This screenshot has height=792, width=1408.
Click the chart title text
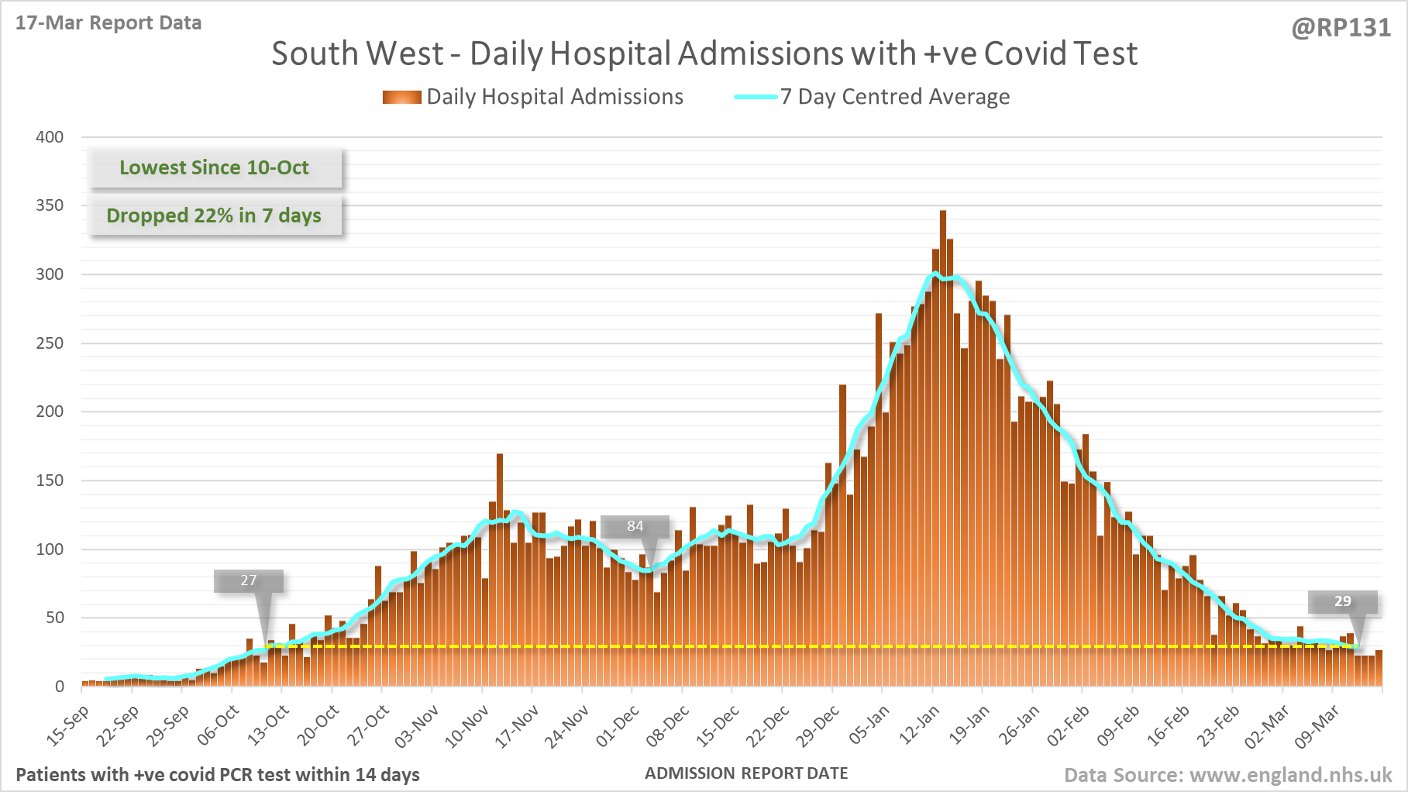click(704, 53)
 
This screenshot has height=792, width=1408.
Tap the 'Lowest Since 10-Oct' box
click(214, 167)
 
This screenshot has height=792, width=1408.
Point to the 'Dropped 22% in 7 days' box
click(214, 215)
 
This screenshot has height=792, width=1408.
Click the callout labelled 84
click(635, 526)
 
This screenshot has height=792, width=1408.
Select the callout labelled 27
click(248, 580)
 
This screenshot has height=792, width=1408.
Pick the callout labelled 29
click(1342, 601)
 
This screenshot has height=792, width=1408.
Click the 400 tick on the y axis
click(50, 137)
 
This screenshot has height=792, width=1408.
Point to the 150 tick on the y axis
click(50, 480)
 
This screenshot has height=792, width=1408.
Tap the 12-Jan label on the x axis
click(920, 725)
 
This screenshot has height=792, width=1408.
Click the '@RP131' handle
click(1341, 28)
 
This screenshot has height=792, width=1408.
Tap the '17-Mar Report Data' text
click(108, 22)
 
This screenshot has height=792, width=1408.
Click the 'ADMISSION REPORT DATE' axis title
click(746, 773)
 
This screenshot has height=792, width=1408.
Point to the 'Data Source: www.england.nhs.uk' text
click(1228, 775)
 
